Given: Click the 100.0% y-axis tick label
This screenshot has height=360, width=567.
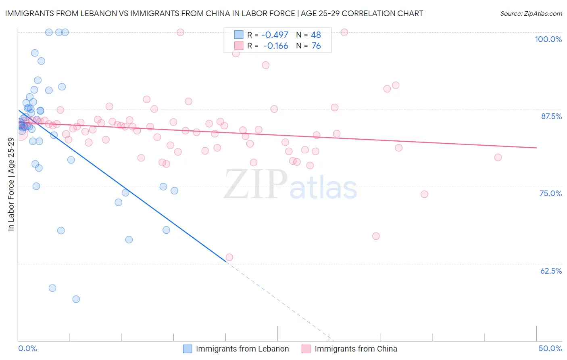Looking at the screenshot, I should pos(548,39).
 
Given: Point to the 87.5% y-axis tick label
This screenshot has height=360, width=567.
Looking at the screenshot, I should pos(551,116).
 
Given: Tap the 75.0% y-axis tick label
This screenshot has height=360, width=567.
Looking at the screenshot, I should pos(550,193).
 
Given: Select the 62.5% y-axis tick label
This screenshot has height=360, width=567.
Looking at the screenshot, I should pos(551,271).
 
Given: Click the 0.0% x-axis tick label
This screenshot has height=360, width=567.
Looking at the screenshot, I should pos(27,348).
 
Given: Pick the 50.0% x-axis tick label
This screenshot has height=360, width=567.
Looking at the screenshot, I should pos(550,348).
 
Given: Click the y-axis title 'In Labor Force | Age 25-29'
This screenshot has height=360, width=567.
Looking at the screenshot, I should pos(11,184).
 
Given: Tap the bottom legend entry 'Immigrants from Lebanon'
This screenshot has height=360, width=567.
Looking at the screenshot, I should pos(242,349).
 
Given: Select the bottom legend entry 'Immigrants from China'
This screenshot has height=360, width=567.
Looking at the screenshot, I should pos(356,349).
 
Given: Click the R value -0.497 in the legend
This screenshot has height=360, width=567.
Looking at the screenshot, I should pos(275,35).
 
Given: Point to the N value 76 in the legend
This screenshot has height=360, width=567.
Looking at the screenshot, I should pos(316,46).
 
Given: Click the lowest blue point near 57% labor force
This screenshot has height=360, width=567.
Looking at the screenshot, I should pos(76,299).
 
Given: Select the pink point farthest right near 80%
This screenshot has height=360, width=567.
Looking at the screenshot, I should pos(498,157).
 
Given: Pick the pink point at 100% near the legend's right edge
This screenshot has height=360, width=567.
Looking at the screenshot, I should pos(344,32).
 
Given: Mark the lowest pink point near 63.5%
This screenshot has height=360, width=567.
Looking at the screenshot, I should pos(229,257).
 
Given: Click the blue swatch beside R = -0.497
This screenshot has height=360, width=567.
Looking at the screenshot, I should pos(239,35).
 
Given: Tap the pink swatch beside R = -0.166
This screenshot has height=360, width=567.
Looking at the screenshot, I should pos(239,46).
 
